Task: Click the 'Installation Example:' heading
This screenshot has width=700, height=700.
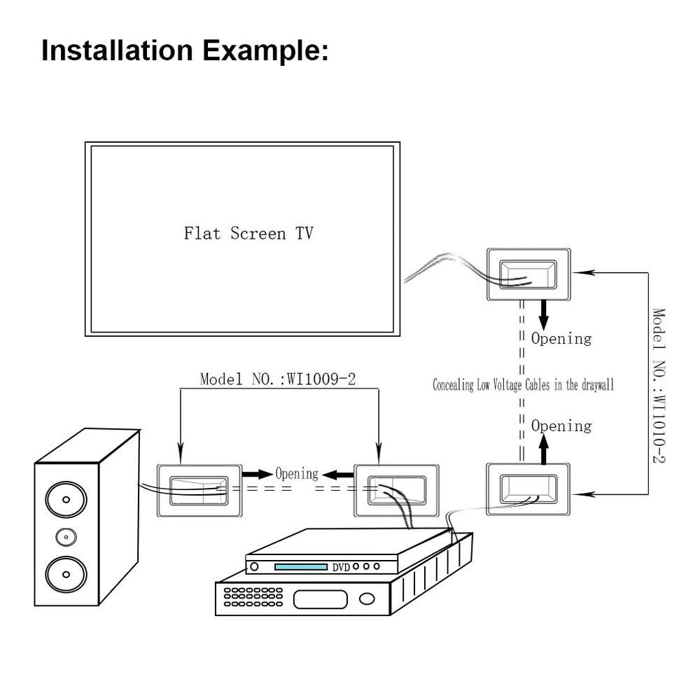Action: point(185,51)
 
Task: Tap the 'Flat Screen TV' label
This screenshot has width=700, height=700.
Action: point(248,233)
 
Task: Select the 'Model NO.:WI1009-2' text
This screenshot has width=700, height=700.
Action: point(278,380)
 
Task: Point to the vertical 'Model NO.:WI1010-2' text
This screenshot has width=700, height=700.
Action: point(659,385)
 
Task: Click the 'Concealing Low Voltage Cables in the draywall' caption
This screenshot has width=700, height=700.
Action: point(523,385)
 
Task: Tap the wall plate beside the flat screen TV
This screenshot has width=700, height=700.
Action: point(528,275)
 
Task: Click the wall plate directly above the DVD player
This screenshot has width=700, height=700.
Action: point(397,489)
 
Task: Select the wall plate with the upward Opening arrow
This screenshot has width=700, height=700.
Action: point(528,489)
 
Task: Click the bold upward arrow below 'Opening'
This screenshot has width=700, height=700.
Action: point(544,448)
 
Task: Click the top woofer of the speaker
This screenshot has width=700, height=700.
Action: point(66,500)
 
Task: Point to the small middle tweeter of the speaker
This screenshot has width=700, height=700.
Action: point(66,537)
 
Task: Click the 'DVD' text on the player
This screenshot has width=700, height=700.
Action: point(341,567)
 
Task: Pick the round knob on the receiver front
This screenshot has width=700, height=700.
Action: point(367,599)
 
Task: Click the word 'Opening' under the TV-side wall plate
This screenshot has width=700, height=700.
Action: point(561,339)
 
